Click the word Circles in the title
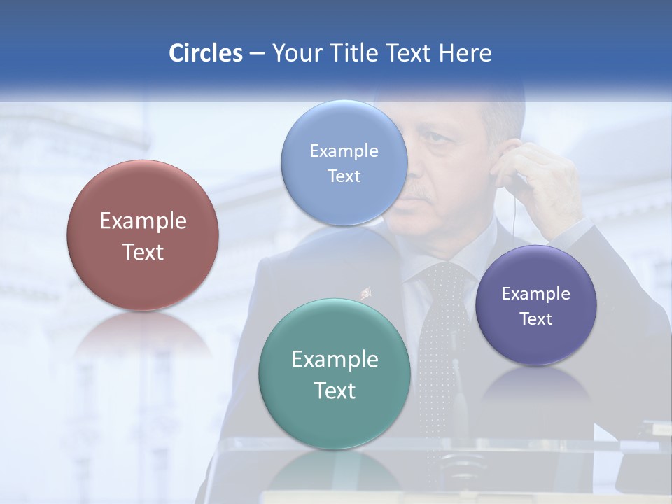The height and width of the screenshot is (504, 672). pos(206,53)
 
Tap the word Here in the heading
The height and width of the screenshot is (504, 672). pos(465,53)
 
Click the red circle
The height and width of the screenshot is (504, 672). pos(143,235)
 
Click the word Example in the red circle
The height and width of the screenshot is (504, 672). pos(143,221)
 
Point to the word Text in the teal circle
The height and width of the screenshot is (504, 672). pos(335,391)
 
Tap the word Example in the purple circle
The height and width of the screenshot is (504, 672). pos(536,294)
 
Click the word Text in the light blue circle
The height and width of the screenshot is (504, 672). pos(344,176)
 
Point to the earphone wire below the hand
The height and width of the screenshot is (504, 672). pos(514,217)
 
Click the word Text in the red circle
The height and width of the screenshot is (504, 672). pos(143,252)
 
